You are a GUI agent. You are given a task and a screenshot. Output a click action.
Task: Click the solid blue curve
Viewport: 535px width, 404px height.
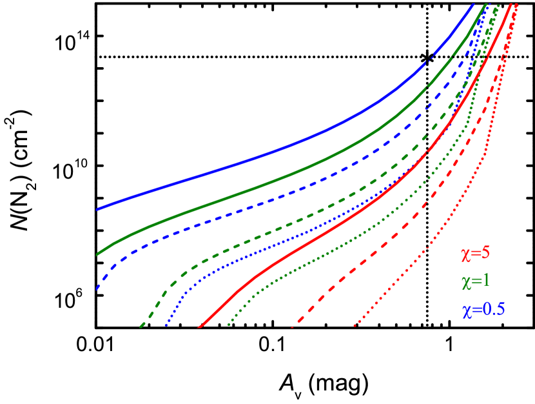click(x=258, y=158)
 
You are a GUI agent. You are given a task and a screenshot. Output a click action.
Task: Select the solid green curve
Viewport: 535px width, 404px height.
click(x=258, y=187)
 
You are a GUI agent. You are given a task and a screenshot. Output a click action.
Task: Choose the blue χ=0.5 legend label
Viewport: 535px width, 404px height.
click(x=483, y=309)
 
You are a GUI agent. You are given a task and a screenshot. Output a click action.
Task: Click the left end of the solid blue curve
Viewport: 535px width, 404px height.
click(x=97, y=209)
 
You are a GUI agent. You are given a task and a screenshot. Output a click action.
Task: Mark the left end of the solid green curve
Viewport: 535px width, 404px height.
click(x=97, y=254)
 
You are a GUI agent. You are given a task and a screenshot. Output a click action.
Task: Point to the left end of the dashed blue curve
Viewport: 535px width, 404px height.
click(x=97, y=288)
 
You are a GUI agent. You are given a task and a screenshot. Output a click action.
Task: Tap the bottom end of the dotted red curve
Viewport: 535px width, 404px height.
click(x=355, y=327)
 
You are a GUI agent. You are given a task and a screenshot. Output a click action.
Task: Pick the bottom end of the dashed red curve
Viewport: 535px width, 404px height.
click(x=293, y=327)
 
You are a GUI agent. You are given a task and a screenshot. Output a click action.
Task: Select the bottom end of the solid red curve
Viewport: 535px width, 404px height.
click(x=199, y=327)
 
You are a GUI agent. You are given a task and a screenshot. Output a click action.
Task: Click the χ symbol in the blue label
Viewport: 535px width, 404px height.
click(x=465, y=310)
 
